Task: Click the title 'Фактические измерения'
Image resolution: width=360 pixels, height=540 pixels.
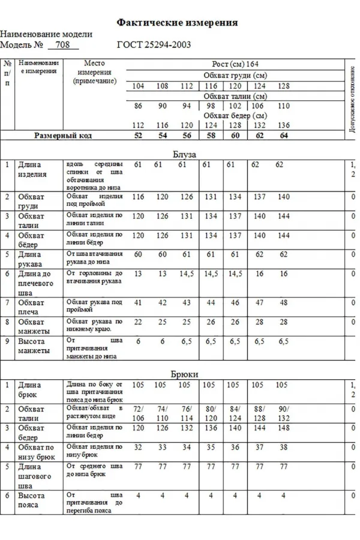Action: pos(177,22)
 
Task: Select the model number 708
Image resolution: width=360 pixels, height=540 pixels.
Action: pos(62,45)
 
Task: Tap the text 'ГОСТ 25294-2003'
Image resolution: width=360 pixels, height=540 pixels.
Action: pos(154,45)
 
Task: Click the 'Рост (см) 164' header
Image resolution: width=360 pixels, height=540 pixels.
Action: pos(235,64)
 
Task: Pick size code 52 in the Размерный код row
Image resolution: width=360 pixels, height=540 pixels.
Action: pos(139,136)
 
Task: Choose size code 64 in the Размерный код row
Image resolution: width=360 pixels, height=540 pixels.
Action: pos(284,136)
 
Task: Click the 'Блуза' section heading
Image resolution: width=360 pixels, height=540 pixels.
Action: pos(184,154)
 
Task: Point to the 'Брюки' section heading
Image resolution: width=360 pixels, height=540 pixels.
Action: pos(184,373)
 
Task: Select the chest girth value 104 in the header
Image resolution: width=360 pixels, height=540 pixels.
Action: pos(139,86)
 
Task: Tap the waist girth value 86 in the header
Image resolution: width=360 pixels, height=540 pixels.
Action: pos(139,106)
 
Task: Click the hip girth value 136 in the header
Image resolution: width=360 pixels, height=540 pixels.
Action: pos(284,125)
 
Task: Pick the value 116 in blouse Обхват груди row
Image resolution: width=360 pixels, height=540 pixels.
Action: pos(139,197)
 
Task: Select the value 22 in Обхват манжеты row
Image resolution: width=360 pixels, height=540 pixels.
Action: pos(139,322)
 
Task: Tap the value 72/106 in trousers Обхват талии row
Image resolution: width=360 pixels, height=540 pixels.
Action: pos(139,413)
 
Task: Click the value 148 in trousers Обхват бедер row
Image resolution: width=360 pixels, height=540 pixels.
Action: pos(284,428)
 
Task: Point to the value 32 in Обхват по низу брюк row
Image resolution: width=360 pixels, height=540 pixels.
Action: pos(139,447)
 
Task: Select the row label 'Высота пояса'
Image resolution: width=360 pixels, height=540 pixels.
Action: pos(31,500)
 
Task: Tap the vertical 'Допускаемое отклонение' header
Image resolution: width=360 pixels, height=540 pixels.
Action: pos(353,99)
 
